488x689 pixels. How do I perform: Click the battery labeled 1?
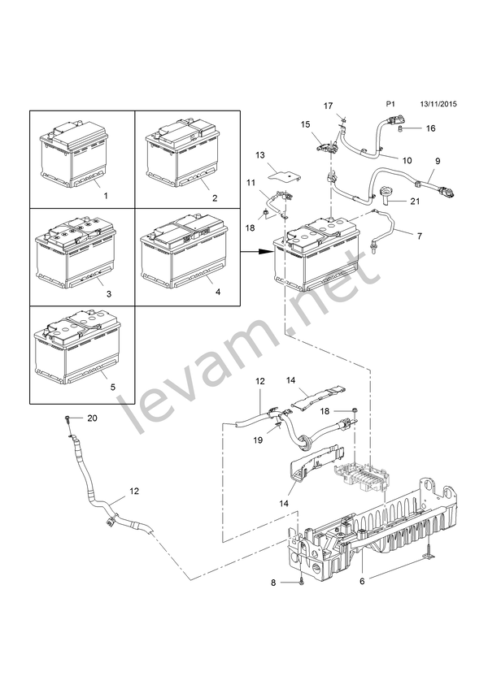(x=74, y=155)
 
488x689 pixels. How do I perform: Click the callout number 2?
(x=215, y=198)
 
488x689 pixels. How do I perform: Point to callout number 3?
(x=109, y=293)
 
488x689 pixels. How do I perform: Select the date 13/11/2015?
(x=438, y=104)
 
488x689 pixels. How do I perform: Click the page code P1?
(x=390, y=104)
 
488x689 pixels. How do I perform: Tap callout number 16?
(x=430, y=128)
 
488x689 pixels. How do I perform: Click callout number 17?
(x=329, y=106)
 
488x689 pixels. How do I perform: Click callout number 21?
(x=415, y=201)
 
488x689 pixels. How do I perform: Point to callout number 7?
(x=420, y=236)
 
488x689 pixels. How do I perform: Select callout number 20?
(x=92, y=418)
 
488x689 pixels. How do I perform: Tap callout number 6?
(x=362, y=582)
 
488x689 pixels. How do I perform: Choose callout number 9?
(x=438, y=161)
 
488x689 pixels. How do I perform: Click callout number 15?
(x=305, y=125)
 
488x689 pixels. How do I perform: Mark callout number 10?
(x=407, y=160)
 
